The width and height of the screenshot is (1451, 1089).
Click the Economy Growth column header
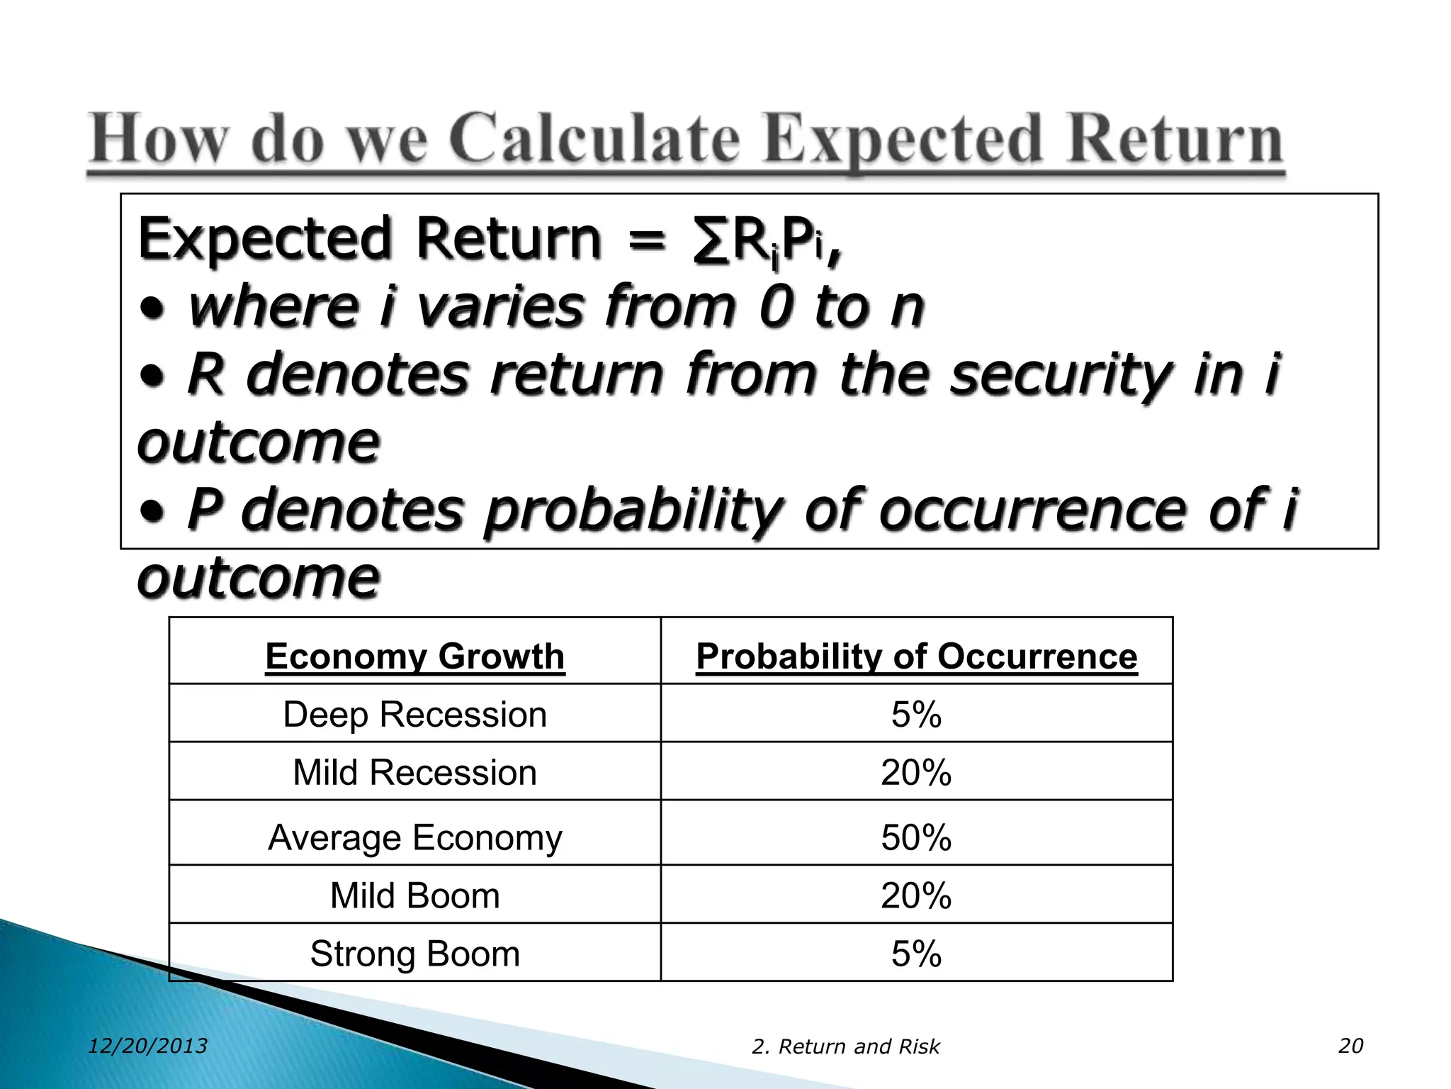[x=415, y=656]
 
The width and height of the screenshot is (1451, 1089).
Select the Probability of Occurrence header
[x=916, y=656]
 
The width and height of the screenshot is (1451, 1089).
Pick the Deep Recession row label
[x=415, y=715]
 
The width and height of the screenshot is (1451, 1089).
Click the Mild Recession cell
[x=415, y=773]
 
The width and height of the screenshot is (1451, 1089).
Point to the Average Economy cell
[x=415, y=837]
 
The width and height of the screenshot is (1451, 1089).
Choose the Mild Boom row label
[x=415, y=895]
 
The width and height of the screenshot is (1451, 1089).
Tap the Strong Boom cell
[x=415, y=954]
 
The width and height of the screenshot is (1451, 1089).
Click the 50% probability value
[x=916, y=837]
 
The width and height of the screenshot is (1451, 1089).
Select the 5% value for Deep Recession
[x=916, y=715]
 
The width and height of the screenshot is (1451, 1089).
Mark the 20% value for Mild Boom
[x=916, y=895]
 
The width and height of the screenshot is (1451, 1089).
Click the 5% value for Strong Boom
[x=916, y=954]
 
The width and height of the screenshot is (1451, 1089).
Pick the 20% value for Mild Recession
[x=916, y=773]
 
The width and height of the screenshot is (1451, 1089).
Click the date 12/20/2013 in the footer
[x=148, y=1046]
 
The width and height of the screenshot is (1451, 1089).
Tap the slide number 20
[x=1350, y=1046]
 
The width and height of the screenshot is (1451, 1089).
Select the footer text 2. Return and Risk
[x=845, y=1046]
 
